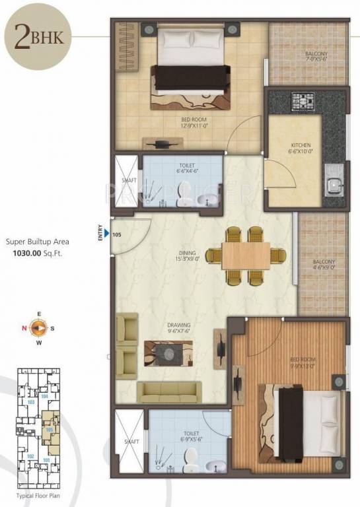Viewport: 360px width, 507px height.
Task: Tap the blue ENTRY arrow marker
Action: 106,232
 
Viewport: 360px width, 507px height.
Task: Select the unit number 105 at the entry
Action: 117,233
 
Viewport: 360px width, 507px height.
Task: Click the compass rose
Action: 39,326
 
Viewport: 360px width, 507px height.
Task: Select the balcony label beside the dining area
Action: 323,266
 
